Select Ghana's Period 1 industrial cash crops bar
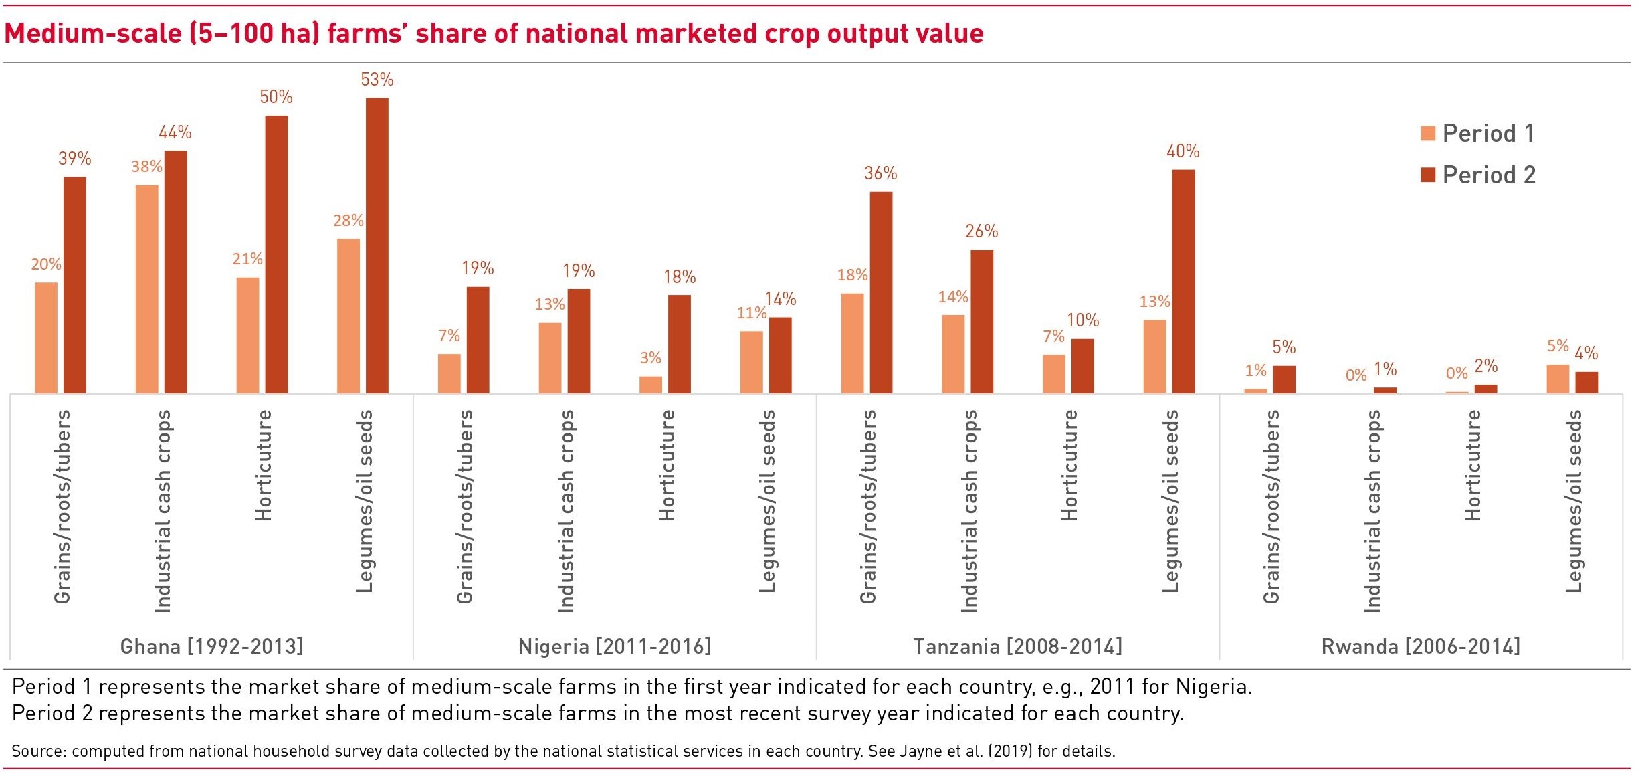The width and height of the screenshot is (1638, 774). coord(147,288)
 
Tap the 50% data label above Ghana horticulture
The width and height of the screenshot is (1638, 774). coord(276,97)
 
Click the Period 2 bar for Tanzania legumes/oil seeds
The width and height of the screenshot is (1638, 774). coord(1183,281)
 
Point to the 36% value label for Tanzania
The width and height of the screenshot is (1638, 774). coord(880,173)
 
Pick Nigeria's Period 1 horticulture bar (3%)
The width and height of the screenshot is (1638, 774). coord(650,385)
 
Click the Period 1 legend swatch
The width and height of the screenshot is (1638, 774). coord(1427,133)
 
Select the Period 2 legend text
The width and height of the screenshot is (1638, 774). coord(1489,175)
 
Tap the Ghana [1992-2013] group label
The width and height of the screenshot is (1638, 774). coord(211,646)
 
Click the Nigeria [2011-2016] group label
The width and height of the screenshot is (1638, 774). coord(615,646)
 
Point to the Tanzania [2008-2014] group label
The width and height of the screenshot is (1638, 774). coord(1017,646)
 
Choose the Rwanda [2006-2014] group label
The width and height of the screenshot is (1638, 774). coord(1421,646)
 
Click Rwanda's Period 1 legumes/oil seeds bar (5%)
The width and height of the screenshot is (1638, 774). coord(1558,379)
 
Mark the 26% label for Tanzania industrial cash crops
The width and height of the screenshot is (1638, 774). coord(981,231)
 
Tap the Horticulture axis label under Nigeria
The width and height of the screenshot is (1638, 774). coord(667,466)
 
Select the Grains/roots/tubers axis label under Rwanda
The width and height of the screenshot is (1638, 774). coord(1271,506)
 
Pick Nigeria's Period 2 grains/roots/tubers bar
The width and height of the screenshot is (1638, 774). coord(478,340)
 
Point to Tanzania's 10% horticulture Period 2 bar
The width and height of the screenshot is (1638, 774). coord(1082,366)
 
